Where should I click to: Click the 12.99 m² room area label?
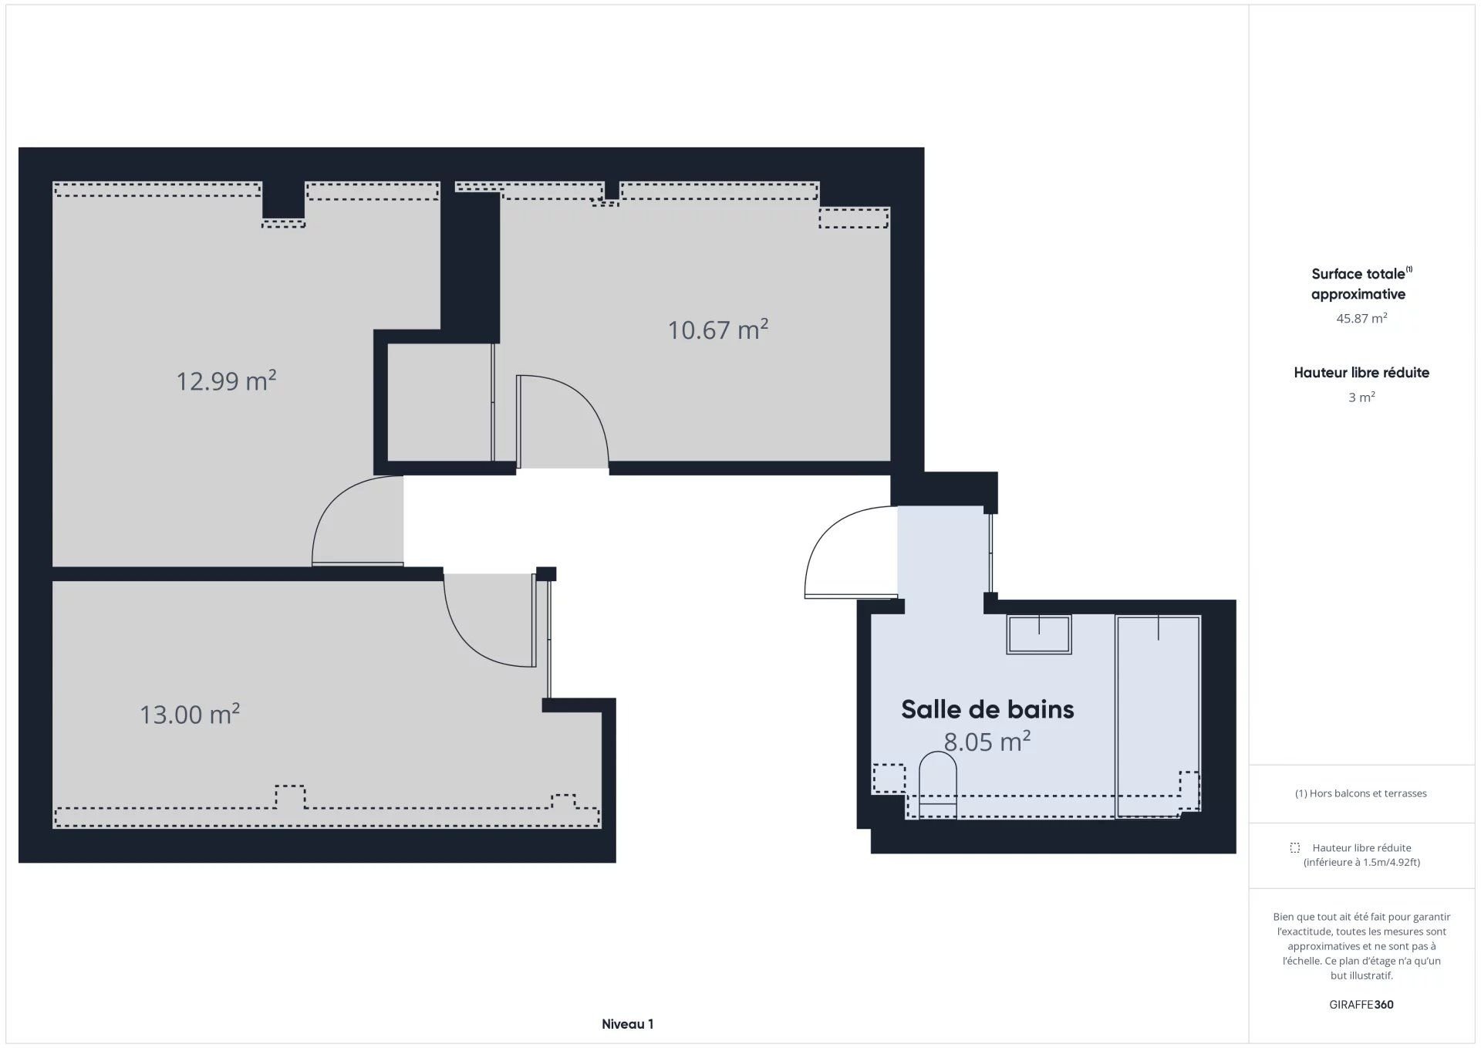pyautogui.click(x=226, y=380)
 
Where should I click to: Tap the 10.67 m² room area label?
pyautogui.click(x=717, y=330)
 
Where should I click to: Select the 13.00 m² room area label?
pyautogui.click(x=189, y=714)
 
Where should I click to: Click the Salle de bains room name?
pyautogui.click(x=987, y=709)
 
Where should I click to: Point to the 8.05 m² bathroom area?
pyautogui.click(x=987, y=742)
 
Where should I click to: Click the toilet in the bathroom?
pyautogui.click(x=938, y=785)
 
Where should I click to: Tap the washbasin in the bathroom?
pyautogui.click(x=1039, y=634)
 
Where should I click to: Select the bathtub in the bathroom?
pyautogui.click(x=1158, y=715)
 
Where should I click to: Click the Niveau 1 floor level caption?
pyautogui.click(x=627, y=1024)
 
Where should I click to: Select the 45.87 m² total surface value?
pyautogui.click(x=1361, y=318)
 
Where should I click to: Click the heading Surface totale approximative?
pyautogui.click(x=1361, y=283)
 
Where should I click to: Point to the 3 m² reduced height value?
pyautogui.click(x=1361, y=397)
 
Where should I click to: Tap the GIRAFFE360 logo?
pyautogui.click(x=1361, y=1005)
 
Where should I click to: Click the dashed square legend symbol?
pyautogui.click(x=1295, y=848)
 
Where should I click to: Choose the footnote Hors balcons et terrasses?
pyautogui.click(x=1361, y=793)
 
